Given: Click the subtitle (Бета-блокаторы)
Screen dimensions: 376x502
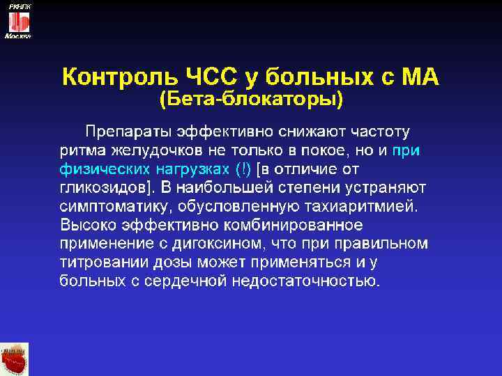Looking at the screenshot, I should pyautogui.click(x=251, y=100).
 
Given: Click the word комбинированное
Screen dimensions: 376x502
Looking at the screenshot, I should pyautogui.click(x=305, y=225).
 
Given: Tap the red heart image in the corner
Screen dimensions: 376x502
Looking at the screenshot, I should pyautogui.click(x=15, y=359).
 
